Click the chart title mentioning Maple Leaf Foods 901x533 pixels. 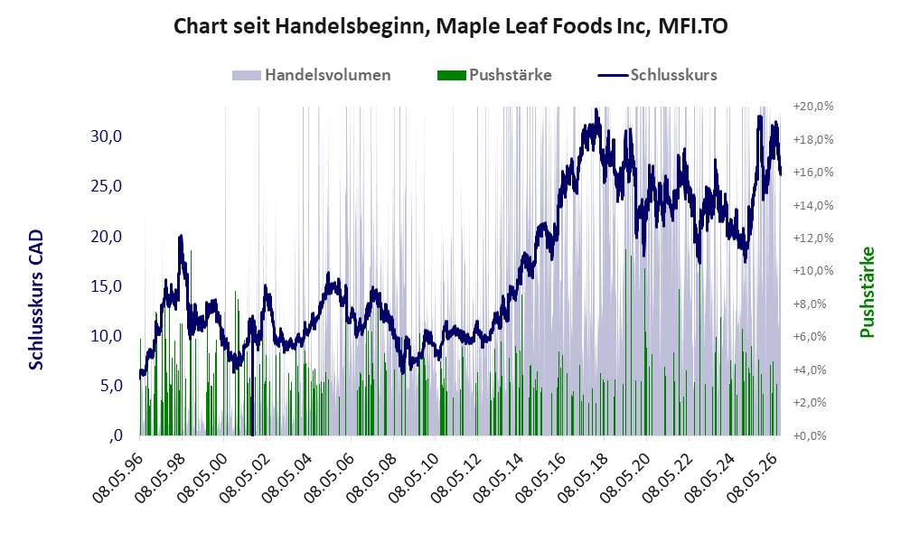450,26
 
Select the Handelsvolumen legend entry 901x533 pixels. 312,75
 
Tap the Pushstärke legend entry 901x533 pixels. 494,75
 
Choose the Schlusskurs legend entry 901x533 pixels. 657,75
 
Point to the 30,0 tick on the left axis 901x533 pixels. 107,136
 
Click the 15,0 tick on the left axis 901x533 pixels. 107,286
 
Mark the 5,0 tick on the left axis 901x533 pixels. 111,386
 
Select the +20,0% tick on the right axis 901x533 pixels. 813,107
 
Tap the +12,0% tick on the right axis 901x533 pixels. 813,238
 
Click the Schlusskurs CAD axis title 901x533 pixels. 36,299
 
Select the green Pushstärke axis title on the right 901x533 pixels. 867,293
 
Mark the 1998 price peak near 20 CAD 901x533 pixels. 181,236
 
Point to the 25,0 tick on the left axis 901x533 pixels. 107,186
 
